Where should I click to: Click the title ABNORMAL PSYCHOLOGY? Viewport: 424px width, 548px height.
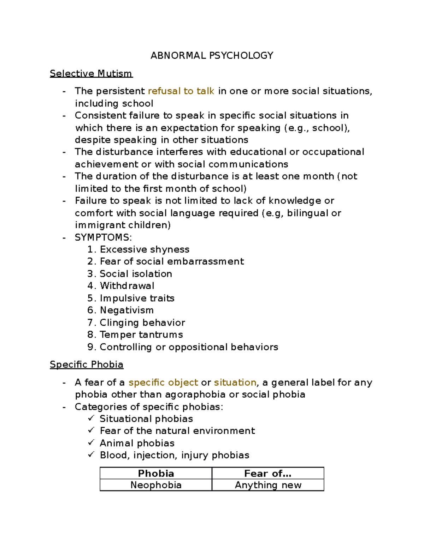pyautogui.click(x=212, y=55)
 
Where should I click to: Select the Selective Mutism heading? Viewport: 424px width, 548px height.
pyautogui.click(x=91, y=73)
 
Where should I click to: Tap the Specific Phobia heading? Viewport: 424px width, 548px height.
pyautogui.click(x=86, y=364)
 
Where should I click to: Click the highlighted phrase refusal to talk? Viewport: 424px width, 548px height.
pyautogui.click(x=181, y=91)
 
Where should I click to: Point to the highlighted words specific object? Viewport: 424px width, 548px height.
pyautogui.click(x=163, y=383)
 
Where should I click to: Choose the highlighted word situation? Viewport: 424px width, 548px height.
pyautogui.click(x=235, y=383)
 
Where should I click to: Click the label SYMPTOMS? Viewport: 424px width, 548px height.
pyautogui.click(x=103, y=237)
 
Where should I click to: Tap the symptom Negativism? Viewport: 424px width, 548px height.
pyautogui.click(x=126, y=310)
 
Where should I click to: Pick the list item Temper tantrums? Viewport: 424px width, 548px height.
pyautogui.click(x=141, y=335)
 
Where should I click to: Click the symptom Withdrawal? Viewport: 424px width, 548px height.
pyautogui.click(x=127, y=286)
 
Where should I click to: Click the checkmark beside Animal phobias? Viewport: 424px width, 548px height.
pyautogui.click(x=91, y=442)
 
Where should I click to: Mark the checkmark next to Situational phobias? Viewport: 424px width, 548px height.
pyautogui.click(x=91, y=418)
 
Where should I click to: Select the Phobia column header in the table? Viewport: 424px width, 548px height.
pyautogui.click(x=156, y=473)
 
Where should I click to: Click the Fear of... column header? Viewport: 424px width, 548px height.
pyautogui.click(x=267, y=473)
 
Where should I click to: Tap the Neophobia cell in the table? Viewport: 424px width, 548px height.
pyautogui.click(x=156, y=485)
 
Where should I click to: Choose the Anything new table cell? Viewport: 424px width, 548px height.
pyautogui.click(x=268, y=485)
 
